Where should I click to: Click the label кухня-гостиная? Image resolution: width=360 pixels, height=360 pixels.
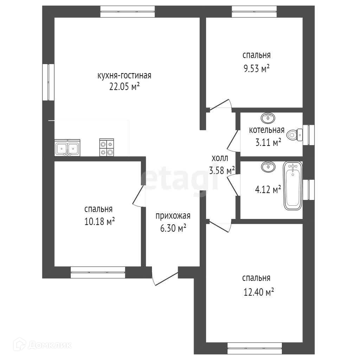tap(124, 76)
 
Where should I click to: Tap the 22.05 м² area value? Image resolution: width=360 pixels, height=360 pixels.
tap(124, 87)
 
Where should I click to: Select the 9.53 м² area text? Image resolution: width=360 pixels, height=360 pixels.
tap(256, 69)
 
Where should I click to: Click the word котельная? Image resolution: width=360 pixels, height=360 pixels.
tap(267, 130)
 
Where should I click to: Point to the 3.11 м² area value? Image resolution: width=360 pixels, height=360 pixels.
tap(268, 143)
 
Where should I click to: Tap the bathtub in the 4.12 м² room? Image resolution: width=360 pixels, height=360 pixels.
tap(293, 186)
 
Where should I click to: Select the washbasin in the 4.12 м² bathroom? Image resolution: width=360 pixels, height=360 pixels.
tap(268, 166)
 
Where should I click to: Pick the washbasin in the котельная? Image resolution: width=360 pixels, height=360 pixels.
tap(268, 118)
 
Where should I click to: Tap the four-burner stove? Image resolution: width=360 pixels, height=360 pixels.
tap(107, 148)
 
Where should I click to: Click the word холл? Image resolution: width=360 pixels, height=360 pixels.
tap(220, 158)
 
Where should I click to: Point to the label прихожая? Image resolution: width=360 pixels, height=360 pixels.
tap(173, 216)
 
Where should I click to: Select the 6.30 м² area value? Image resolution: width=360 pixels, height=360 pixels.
tap(173, 228)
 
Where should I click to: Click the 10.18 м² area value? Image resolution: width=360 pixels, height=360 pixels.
tap(99, 221)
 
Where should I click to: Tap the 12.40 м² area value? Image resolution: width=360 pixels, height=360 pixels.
tap(258, 292)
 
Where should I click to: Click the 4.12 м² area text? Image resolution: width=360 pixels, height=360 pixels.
tap(268, 189)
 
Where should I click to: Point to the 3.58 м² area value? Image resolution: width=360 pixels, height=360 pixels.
tap(222, 171)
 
